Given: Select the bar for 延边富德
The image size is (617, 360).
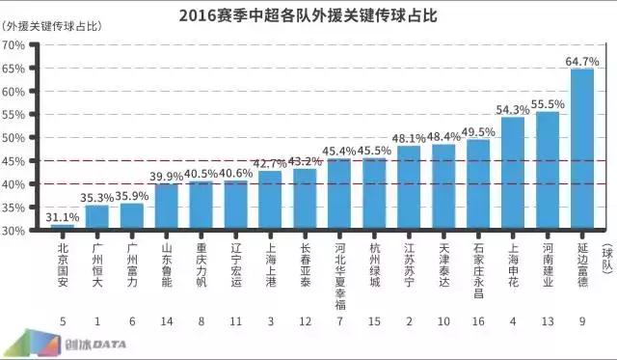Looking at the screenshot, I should tap(582, 150).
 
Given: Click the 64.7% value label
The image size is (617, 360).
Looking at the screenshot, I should tap(582, 61).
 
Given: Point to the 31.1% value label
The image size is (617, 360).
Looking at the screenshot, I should tap(64, 217).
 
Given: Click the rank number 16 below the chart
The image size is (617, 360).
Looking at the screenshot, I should tap(478, 320).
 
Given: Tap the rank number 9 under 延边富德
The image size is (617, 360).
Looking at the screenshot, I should tap(582, 320).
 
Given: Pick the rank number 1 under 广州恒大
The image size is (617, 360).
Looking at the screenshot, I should tap(97, 320).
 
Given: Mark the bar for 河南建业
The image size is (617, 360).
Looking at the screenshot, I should tap(548, 171).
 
